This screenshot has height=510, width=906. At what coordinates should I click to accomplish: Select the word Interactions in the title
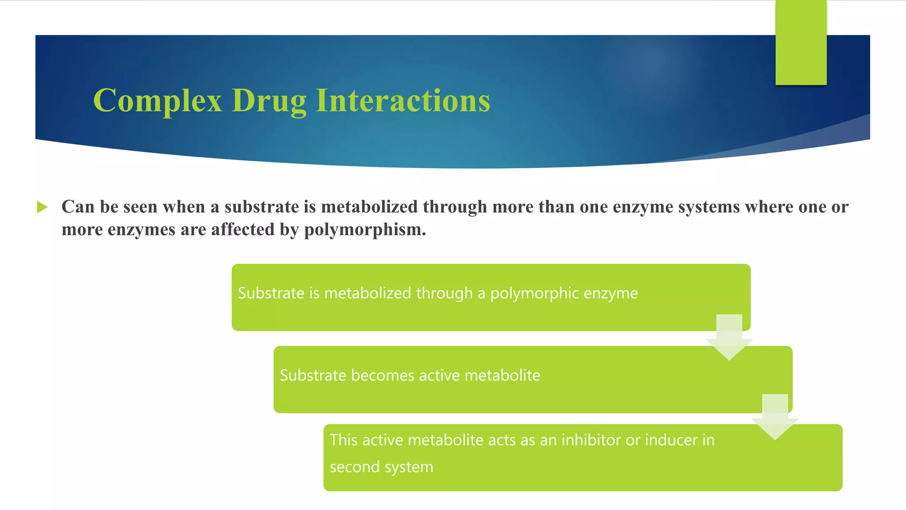[x=403, y=100]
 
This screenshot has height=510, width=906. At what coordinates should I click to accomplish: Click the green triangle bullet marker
[x=42, y=207]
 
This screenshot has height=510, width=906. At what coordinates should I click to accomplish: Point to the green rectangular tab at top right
[x=801, y=42]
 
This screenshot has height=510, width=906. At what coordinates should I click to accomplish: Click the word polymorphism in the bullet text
[x=365, y=230]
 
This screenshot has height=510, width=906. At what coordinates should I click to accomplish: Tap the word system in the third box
[x=408, y=467]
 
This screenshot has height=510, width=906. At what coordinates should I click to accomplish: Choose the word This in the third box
[x=343, y=440]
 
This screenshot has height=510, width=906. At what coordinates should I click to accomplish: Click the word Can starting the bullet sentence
[x=77, y=207]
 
